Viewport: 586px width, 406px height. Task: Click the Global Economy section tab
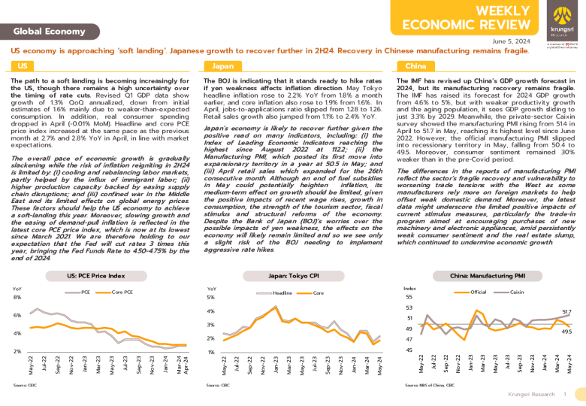[50, 31]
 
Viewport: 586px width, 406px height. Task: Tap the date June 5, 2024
[511, 41]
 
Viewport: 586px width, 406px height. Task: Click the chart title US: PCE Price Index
[97, 276]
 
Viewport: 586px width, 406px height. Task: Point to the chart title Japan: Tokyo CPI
[291, 276]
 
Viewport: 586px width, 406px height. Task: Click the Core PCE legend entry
[122, 291]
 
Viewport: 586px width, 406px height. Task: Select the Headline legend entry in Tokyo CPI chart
[282, 292]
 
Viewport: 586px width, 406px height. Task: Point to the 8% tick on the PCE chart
[17, 298]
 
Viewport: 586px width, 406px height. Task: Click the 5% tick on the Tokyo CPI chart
[211, 298]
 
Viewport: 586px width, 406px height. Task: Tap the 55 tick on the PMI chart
[409, 297]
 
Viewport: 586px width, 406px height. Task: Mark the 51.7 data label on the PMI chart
[567, 311]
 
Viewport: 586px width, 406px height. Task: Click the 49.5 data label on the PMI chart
[567, 332]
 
